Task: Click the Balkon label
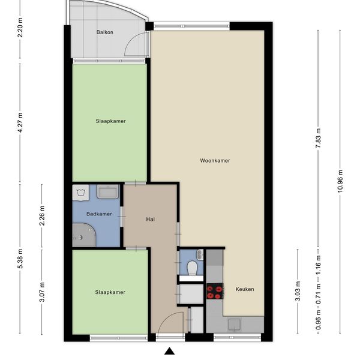[104, 32]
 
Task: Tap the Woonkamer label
[215, 160]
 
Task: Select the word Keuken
[245, 289]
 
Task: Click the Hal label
[151, 219]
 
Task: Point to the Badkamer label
[99, 214]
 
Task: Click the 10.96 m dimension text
[340, 181]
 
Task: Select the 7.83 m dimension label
[318, 139]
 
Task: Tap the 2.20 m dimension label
[20, 28]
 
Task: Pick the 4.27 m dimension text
[20, 122]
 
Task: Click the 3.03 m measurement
[298, 291]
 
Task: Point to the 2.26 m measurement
[42, 215]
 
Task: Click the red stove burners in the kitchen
[215, 291]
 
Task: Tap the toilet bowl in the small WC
[192, 268]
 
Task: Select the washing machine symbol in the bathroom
[80, 192]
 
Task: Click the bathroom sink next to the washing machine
[107, 192]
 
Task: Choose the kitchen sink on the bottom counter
[234, 324]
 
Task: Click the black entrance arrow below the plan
[170, 351]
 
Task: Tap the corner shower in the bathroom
[84, 235]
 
